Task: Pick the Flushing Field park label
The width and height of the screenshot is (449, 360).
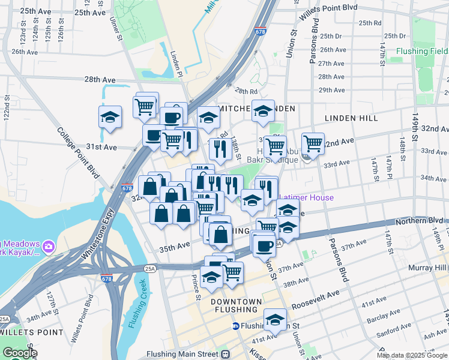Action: tap(423, 52)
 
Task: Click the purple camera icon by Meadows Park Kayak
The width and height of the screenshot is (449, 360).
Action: tap(49, 245)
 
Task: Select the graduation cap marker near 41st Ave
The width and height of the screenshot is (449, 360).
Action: tap(276, 320)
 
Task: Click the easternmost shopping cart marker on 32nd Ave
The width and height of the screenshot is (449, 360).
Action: tap(313, 144)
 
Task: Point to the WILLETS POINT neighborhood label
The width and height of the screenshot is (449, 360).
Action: tap(31, 332)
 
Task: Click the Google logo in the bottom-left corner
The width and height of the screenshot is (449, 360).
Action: tap(19, 353)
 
